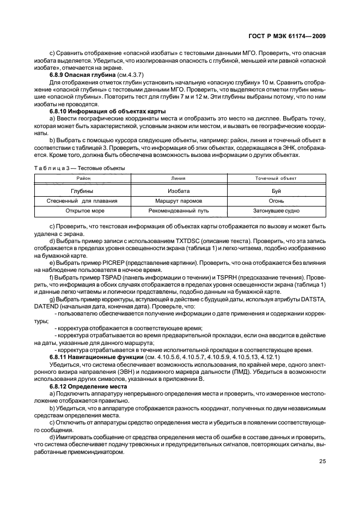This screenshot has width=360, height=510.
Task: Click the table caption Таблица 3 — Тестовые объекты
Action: tap(79, 168)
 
